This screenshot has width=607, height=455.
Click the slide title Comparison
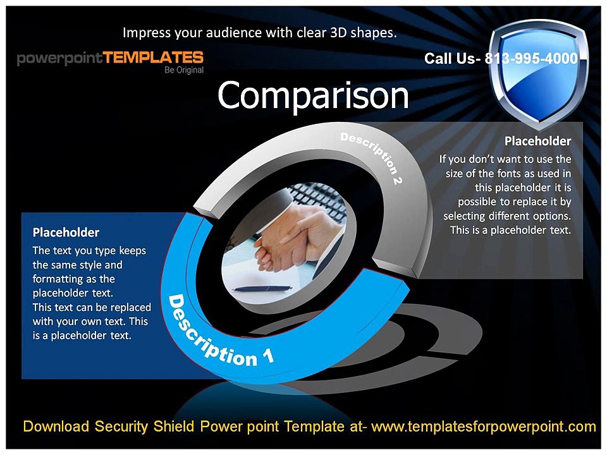313,96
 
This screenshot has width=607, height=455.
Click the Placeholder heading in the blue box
66,233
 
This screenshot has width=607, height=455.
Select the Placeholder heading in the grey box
537,140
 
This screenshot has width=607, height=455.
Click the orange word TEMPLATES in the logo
154,58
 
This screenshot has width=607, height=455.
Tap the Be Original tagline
184,70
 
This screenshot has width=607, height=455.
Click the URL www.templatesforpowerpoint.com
484,427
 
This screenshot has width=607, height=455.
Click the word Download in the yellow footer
56,427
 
